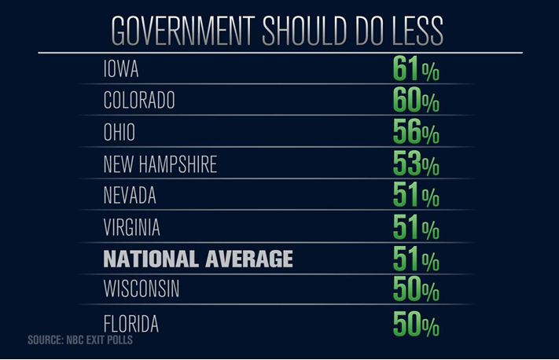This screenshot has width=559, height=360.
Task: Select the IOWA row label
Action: click(x=121, y=69)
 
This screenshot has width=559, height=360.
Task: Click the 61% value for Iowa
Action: click(x=416, y=70)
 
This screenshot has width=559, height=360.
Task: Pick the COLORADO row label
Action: click(x=139, y=101)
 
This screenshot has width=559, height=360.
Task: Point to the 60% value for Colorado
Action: click(x=416, y=101)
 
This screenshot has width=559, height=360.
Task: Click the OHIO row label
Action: click(x=120, y=132)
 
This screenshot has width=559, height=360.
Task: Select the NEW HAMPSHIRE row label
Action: click(x=160, y=164)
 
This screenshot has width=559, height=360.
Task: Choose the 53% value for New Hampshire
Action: click(x=416, y=165)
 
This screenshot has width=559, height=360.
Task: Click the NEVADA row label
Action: click(x=130, y=196)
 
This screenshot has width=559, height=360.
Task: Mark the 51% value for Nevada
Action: click(x=416, y=197)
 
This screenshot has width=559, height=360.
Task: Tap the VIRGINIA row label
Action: click(x=132, y=227)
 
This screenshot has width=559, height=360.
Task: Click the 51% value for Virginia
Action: click(x=416, y=228)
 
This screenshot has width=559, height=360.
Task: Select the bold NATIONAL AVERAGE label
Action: click(x=198, y=259)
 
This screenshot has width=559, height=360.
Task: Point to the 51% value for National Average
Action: click(x=416, y=259)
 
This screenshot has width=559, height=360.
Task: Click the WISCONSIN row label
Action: click(x=142, y=289)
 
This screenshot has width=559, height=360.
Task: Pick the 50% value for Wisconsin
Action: click(x=416, y=290)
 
